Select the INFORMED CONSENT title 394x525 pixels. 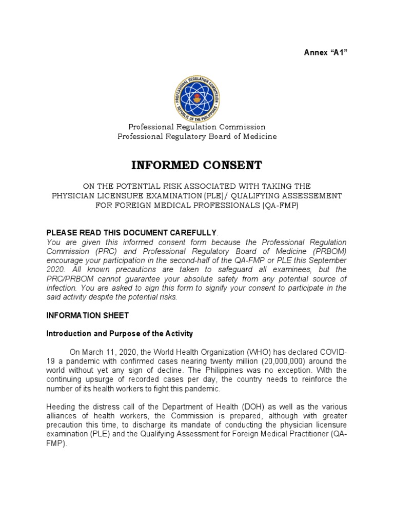[197, 165]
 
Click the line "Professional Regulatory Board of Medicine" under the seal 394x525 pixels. [197, 136]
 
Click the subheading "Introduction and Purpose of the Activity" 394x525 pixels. [120, 334]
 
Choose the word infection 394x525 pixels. [62, 288]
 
